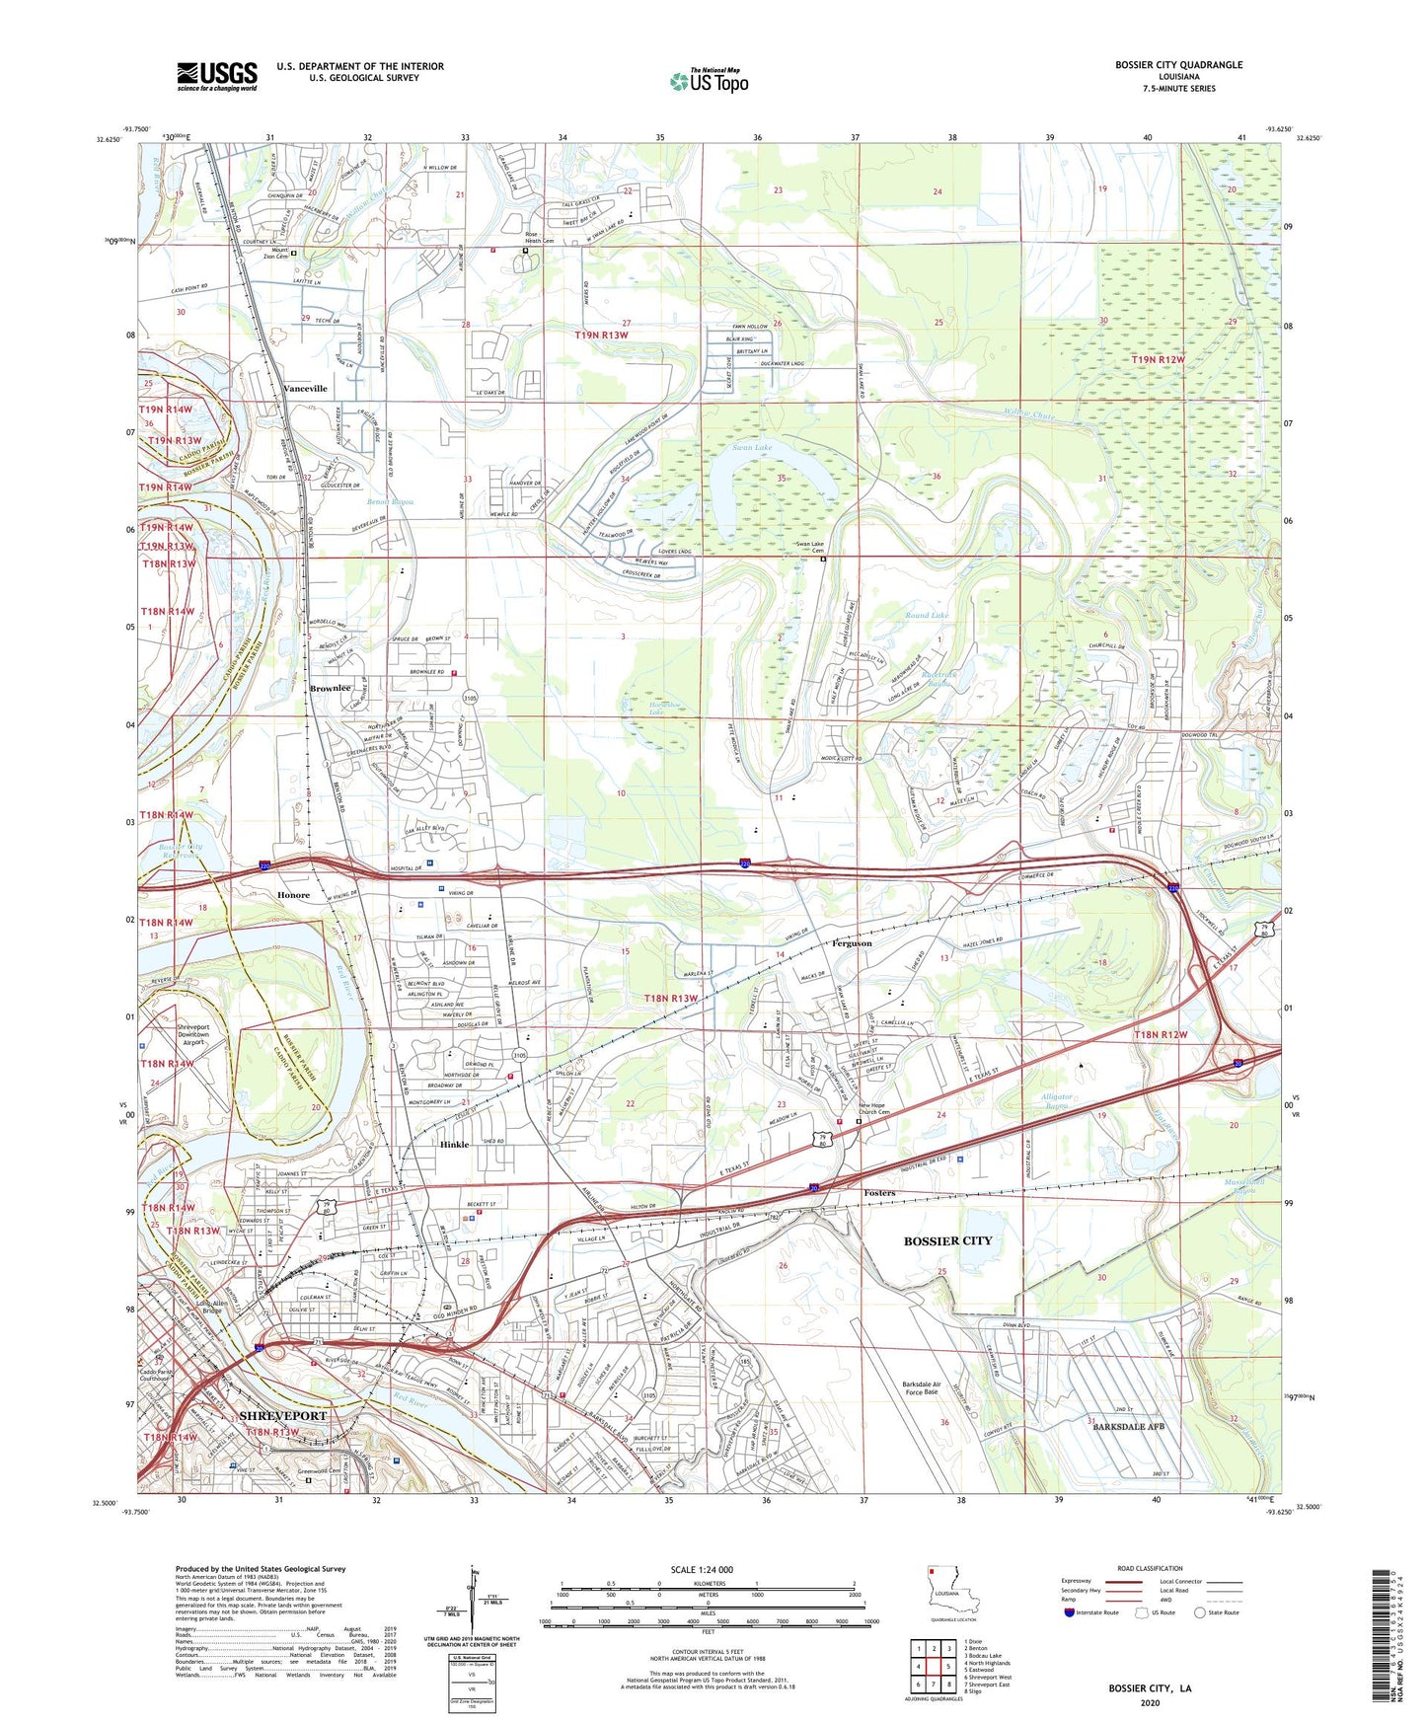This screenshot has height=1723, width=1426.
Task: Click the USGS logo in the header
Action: (x=217, y=76)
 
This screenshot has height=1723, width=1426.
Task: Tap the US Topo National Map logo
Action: (x=709, y=81)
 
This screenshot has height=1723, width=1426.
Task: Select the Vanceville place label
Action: (x=305, y=389)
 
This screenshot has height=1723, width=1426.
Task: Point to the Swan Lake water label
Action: (x=752, y=448)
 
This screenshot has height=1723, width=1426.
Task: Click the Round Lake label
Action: (x=927, y=615)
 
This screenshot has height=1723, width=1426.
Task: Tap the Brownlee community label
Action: (x=330, y=688)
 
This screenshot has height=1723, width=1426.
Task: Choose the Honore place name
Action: (x=293, y=895)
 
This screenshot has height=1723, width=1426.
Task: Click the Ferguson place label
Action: (x=851, y=943)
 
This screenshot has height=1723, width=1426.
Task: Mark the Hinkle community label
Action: (x=454, y=1145)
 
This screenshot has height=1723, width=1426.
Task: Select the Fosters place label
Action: (x=879, y=1193)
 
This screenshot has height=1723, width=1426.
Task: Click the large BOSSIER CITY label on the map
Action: (x=947, y=1240)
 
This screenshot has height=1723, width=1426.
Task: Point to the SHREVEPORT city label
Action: (x=282, y=1415)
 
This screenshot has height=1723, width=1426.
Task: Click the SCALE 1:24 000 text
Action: (x=702, y=1569)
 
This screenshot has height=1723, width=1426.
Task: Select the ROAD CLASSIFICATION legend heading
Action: (x=1150, y=1568)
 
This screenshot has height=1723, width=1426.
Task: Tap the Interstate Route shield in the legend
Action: (x=1071, y=1612)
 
